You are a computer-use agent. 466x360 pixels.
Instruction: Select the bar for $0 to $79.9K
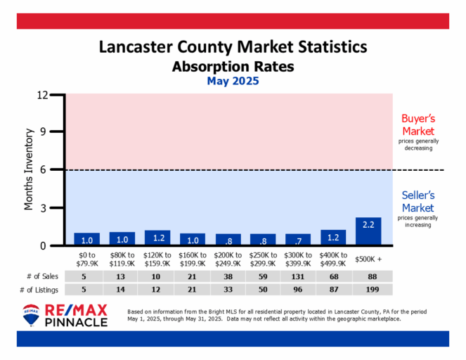click(86, 239)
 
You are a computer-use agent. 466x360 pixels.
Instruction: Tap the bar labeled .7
click(298, 240)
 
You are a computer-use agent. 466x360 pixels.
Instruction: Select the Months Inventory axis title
click(30, 169)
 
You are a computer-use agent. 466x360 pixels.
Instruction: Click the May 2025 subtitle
click(233, 81)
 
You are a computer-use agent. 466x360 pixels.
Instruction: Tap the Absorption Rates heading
click(233, 67)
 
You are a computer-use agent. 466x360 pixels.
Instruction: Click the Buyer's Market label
click(418, 125)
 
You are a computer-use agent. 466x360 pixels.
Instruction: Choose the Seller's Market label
click(418, 202)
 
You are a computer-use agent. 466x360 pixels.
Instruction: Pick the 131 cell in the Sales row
click(298, 276)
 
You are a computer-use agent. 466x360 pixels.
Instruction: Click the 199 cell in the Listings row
click(368, 290)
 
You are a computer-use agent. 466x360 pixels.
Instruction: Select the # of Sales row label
click(41, 276)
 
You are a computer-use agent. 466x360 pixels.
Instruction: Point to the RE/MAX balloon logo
click(32, 315)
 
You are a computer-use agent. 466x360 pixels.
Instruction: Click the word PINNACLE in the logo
click(76, 321)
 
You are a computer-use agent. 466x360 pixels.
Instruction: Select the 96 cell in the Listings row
click(298, 290)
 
